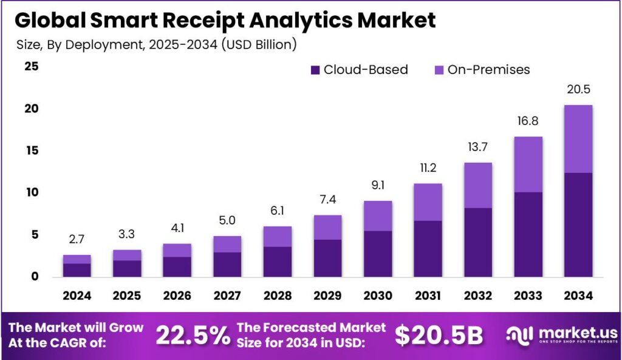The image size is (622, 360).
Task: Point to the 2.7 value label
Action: [77, 240]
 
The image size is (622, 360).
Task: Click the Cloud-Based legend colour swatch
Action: [315, 70]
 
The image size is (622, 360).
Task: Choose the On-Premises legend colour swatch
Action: [439, 70]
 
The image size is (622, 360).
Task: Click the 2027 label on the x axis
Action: [226, 296]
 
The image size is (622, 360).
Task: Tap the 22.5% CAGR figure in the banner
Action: [193, 335]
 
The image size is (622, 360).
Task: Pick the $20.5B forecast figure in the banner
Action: [439, 335]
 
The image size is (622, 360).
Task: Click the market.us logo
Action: [562, 335]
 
